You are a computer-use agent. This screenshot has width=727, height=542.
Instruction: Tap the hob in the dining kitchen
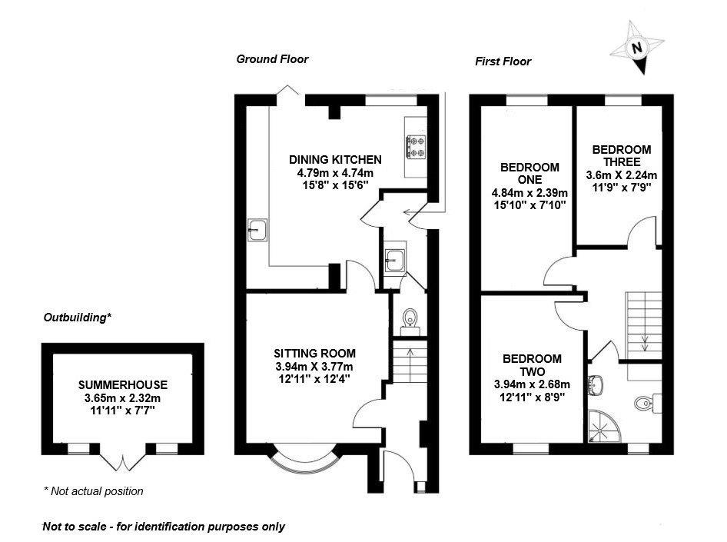tap(417, 147)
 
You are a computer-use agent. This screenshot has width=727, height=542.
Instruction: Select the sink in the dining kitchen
tap(256, 229)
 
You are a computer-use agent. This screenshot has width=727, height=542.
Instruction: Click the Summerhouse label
tap(122, 384)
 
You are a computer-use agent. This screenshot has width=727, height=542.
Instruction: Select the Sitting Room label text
tap(315, 353)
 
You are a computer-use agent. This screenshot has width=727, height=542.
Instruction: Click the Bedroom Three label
tap(622, 155)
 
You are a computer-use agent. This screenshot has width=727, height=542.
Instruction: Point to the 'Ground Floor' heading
tap(272, 58)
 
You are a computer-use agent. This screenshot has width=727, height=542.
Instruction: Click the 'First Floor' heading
tap(503, 62)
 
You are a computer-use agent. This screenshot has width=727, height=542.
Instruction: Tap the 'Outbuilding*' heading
tap(78, 317)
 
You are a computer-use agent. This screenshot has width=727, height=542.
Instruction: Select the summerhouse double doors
tap(123, 460)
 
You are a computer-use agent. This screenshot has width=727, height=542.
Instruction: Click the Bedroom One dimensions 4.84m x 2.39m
tap(529, 192)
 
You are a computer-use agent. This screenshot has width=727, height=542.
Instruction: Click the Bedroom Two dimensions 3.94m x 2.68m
tap(532, 384)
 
